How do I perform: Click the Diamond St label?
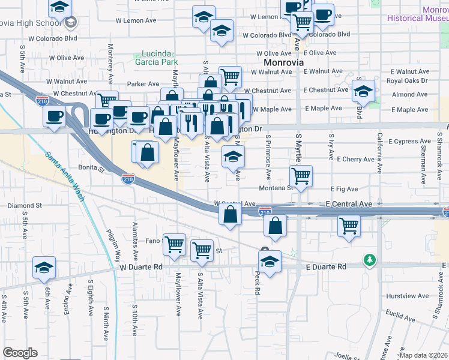pyautogui.click(x=25, y=205)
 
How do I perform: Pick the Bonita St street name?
pyautogui.click(x=91, y=169)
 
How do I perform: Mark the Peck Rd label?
pyautogui.click(x=256, y=283)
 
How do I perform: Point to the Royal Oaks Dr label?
pyautogui.click(x=407, y=80)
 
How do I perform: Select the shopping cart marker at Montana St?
pyautogui.click(x=301, y=176)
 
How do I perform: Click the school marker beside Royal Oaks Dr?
pyautogui.click(x=363, y=91)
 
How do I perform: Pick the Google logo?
pyautogui.click(x=20, y=353)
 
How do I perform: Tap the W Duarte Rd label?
pyautogui.click(x=141, y=266)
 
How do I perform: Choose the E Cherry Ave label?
pyautogui.click(x=356, y=160)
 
